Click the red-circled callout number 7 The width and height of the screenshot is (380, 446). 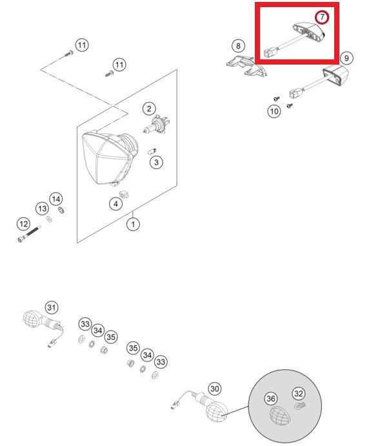point(322,17)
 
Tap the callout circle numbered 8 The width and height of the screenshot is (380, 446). point(238,46)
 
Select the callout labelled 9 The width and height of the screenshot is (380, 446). point(346,58)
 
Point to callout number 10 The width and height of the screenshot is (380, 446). point(274,111)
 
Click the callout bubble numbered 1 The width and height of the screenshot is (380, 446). point(133,224)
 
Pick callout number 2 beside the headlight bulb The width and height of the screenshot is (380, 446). point(149,108)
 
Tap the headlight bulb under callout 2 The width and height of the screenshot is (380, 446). point(156,125)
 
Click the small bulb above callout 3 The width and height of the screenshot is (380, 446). point(152,151)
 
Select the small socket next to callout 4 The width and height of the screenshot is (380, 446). point(125,194)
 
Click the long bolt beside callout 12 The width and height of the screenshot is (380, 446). point(28,234)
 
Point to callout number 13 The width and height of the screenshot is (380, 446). point(42,208)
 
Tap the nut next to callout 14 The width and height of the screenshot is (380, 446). point(61,210)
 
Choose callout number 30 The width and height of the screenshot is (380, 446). point(215,389)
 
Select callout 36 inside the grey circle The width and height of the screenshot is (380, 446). point(270,398)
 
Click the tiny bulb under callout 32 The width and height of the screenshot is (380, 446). point(299,405)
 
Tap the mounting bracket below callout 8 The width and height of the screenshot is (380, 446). point(246,66)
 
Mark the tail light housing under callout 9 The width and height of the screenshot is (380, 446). point(336,75)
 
